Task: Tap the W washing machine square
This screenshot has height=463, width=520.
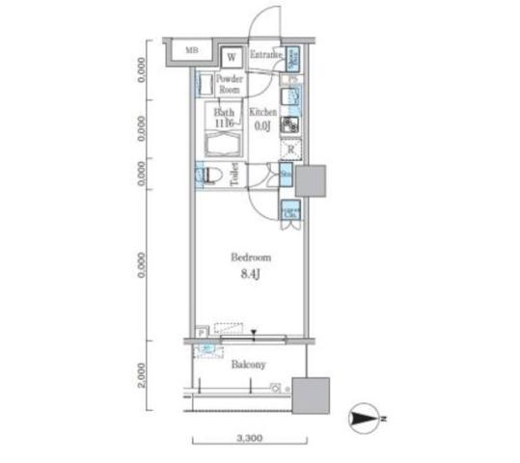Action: tap(231, 57)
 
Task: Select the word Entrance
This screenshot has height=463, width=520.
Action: tap(267, 56)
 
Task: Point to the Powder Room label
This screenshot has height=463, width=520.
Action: tap(229, 83)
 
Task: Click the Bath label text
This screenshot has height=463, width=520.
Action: tap(225, 113)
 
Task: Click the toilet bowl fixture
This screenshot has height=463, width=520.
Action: tap(210, 176)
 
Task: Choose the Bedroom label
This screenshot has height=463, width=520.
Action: tap(250, 258)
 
